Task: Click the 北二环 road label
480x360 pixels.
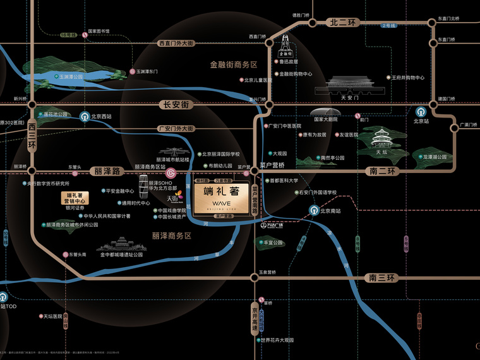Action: tap(344, 22)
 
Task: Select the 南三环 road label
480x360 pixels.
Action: tap(381, 277)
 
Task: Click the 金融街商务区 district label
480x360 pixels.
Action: tap(234, 65)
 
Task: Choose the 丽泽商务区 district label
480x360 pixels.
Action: tap(171, 235)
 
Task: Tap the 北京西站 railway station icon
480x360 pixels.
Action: tap(84, 116)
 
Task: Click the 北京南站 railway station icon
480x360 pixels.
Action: tap(314, 210)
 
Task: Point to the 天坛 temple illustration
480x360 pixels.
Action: tap(381, 139)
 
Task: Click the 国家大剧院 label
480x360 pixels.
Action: tap(325, 119)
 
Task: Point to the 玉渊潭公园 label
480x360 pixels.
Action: tap(69, 76)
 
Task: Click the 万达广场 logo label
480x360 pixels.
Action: tap(273, 224)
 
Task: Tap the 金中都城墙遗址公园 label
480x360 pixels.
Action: tap(121, 255)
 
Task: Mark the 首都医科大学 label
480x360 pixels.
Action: tap(284, 180)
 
